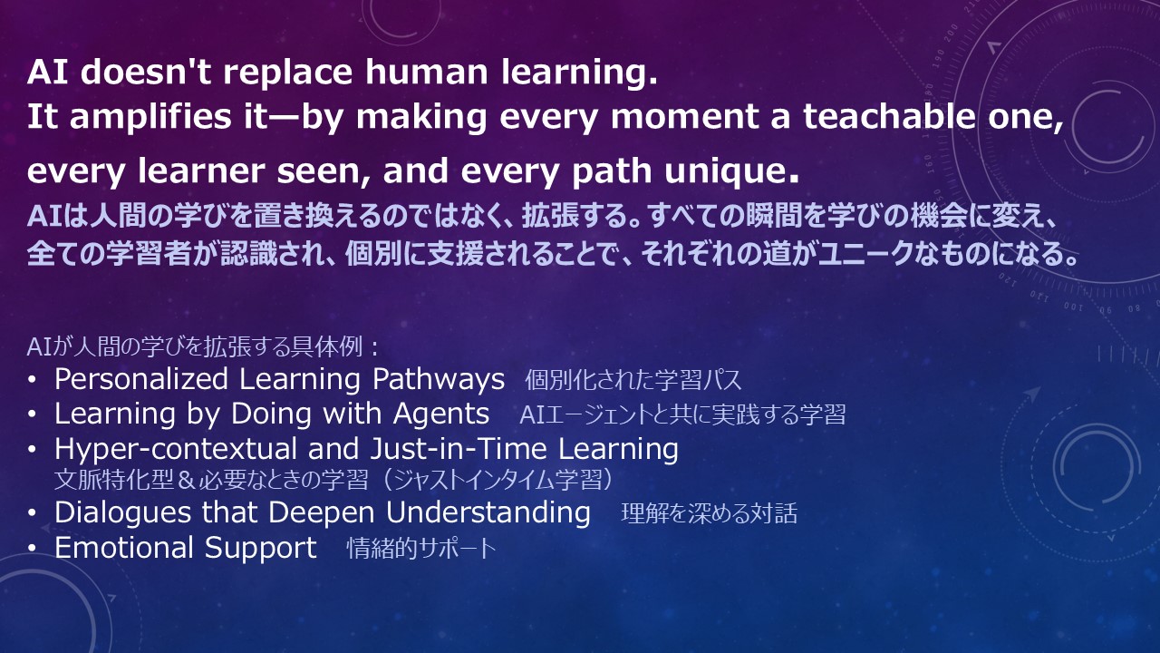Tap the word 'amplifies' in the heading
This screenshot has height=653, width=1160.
[x=150, y=118]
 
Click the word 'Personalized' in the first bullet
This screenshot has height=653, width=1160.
[x=140, y=379]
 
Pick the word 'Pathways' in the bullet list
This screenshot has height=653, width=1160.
[x=438, y=380]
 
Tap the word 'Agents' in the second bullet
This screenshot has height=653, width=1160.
[x=440, y=414]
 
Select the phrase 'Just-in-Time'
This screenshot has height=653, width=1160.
[x=459, y=448]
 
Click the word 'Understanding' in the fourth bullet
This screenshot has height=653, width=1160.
[x=488, y=513]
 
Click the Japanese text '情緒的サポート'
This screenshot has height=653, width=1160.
[x=421, y=549]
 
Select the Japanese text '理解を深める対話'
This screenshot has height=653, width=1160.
[x=709, y=513]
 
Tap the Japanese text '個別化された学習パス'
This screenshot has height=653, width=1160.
[x=633, y=380]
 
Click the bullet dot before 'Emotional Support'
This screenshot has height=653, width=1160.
[x=32, y=549]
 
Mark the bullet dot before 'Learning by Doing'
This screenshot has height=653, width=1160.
[x=32, y=414]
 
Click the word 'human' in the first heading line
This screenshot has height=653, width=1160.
[x=427, y=72]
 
